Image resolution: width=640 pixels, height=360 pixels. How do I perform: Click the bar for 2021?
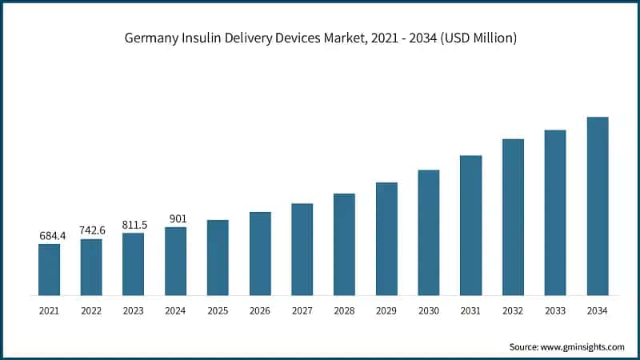tap(49, 270)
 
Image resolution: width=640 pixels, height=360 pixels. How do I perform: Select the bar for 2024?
tap(175, 261)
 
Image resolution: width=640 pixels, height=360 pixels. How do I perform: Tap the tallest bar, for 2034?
tap(598, 206)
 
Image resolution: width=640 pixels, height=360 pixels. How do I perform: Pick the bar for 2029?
tap(386, 238)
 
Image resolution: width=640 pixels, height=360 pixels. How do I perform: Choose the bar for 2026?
tap(260, 254)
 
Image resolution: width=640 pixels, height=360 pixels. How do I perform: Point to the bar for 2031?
tap(471, 226)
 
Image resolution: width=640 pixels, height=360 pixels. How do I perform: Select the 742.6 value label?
tap(91, 230)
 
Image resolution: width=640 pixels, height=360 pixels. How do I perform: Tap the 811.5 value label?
tap(134, 225)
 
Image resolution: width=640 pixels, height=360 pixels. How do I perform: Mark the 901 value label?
tap(175, 218)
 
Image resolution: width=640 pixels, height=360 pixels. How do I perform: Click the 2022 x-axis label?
tap(91, 310)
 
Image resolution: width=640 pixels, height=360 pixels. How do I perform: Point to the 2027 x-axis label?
tap(302, 310)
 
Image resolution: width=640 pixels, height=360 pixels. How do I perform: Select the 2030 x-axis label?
tap(429, 310)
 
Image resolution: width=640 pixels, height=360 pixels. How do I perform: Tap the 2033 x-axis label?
tap(555, 310)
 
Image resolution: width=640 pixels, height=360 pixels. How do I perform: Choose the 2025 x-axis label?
tap(218, 310)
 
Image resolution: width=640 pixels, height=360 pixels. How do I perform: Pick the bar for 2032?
tap(513, 217)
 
